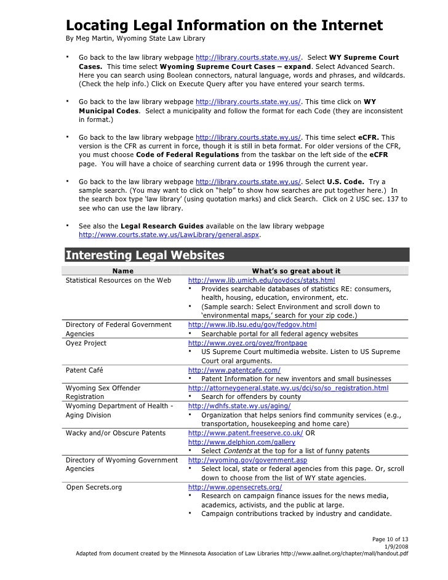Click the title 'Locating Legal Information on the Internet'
pyautogui.click(x=224, y=26)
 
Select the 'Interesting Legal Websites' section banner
pyautogui.click(x=145, y=256)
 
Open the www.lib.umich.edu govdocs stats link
pyautogui.click(x=261, y=280)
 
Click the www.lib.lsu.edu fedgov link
pyautogui.click(x=252, y=324)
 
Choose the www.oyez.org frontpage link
pyautogui.click(x=247, y=343)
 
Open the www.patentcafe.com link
pyautogui.click(x=234, y=369)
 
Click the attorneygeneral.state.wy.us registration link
pyautogui.click(x=288, y=388)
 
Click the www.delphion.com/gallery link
pyautogui.click(x=241, y=442)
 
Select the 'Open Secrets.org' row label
pyautogui.click(x=94, y=487)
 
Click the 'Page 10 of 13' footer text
pyautogui.click(x=390, y=540)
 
